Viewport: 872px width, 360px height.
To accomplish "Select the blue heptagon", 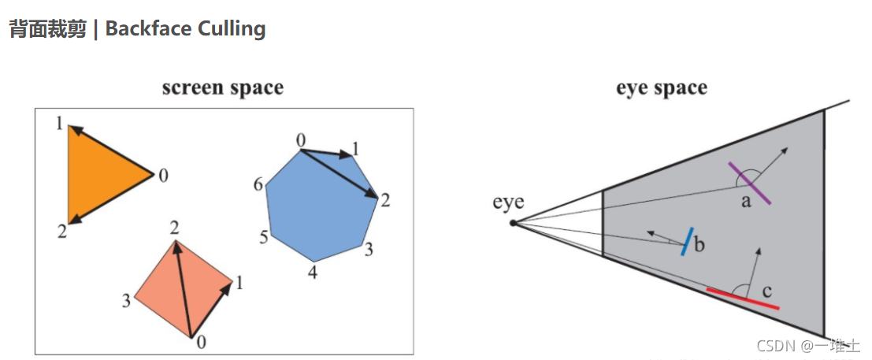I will point(319,209).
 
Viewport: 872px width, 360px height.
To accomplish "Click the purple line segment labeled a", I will point(751,184).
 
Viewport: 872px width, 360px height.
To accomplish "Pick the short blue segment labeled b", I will point(688,241).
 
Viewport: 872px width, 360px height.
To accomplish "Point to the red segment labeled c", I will point(743,298).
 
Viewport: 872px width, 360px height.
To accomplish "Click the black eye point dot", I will point(513,223).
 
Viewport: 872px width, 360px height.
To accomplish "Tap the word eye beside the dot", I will point(508,202).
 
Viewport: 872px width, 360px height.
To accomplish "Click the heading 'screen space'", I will point(223,87).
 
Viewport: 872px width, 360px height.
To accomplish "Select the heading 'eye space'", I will point(662,87).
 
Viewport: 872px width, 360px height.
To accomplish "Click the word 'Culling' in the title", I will point(230,29).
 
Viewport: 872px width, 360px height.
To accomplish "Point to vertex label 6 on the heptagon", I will point(258,185).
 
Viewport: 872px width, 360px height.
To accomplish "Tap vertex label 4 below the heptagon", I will point(313,273).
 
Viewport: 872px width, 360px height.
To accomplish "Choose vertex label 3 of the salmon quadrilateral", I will point(124,299).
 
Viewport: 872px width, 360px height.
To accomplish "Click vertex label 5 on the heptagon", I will point(264,237).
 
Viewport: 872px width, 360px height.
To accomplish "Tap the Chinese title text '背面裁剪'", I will point(47,29).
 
